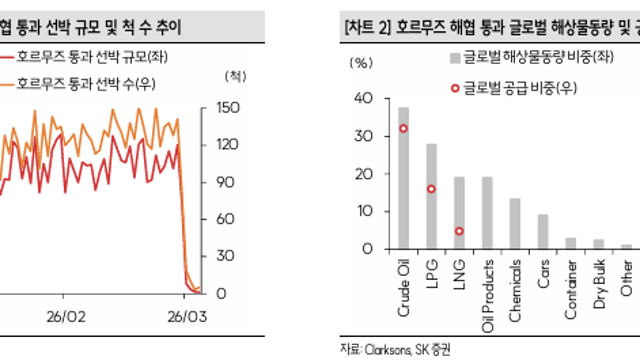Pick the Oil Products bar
487,213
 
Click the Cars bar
543,232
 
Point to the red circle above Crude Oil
403,129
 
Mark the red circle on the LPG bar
431,189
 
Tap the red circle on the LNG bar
459,231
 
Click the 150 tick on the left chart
225,107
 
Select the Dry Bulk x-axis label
599,284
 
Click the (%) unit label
362,62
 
